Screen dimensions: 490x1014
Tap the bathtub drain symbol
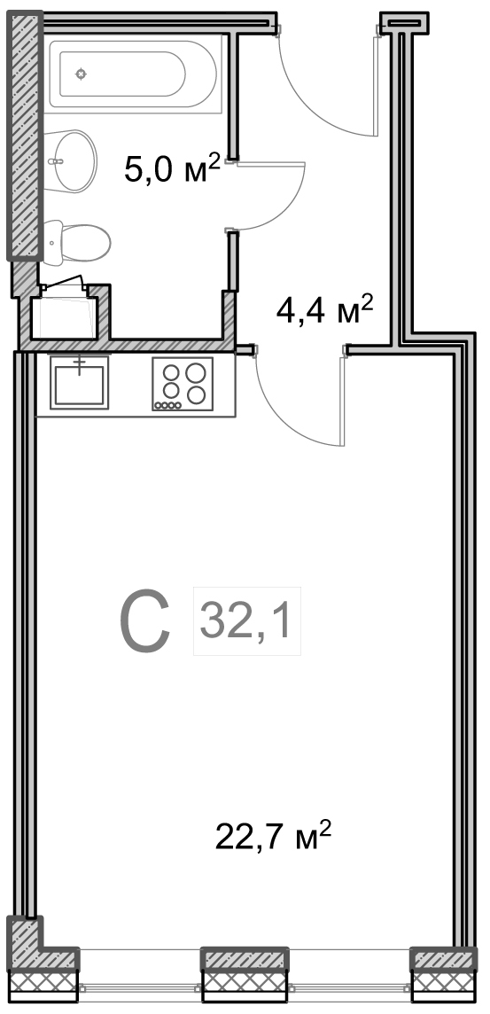(x=81, y=74)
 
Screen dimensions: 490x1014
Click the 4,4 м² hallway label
(x=324, y=310)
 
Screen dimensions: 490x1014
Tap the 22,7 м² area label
(x=273, y=838)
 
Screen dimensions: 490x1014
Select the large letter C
(x=144, y=620)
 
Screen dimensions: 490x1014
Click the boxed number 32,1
(x=247, y=620)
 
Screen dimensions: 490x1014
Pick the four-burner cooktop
(x=183, y=384)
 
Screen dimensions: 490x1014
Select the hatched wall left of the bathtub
(x=25, y=136)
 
